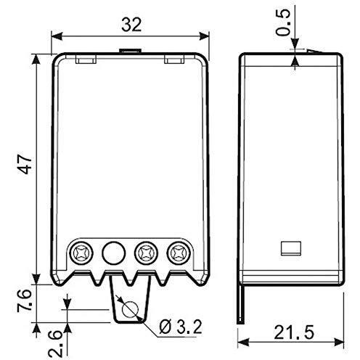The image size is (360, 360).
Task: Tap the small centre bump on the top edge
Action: tap(129, 51)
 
